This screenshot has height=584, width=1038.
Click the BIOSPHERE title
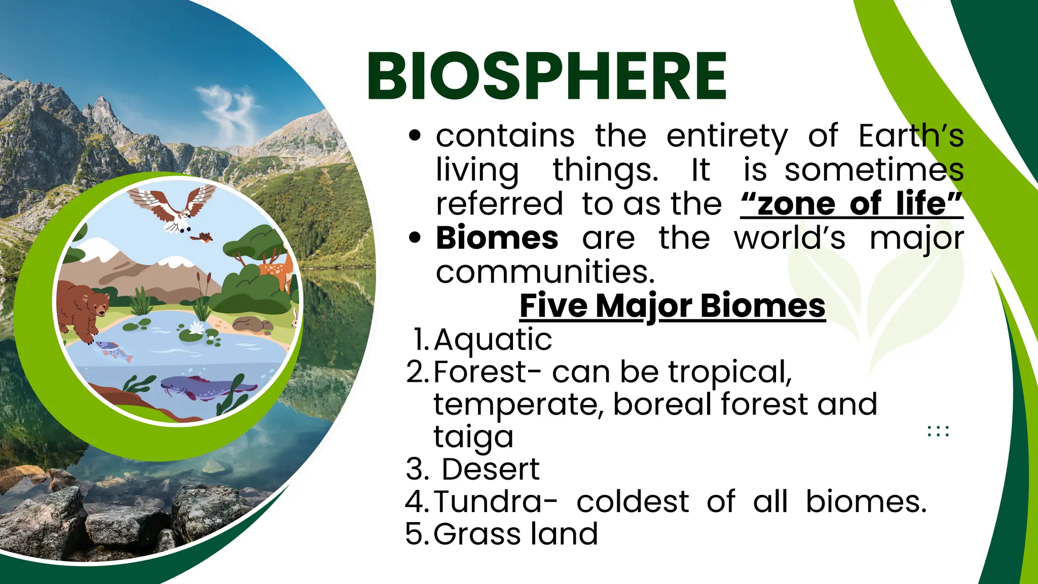pyautogui.click(x=546, y=77)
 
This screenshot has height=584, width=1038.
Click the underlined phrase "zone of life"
pyautogui.click(x=851, y=204)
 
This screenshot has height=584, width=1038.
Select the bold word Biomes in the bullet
pyautogui.click(x=497, y=238)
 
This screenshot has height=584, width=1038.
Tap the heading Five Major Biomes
pyautogui.click(x=672, y=306)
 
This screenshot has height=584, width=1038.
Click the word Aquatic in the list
pyautogui.click(x=493, y=339)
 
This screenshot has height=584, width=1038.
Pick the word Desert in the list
pyautogui.click(x=490, y=469)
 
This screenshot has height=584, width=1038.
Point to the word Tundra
pyautogui.click(x=495, y=502)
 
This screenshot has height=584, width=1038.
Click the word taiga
pyautogui.click(x=473, y=437)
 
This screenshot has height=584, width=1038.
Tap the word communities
pyautogui.click(x=545, y=272)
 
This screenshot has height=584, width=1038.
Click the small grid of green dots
pyautogui.click(x=938, y=431)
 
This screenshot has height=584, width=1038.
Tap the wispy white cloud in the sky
pyautogui.click(x=228, y=109)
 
